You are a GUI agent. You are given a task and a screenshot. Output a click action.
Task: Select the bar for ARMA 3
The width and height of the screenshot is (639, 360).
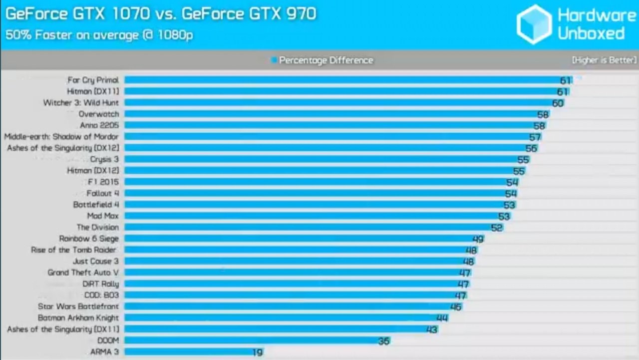pos(190,352)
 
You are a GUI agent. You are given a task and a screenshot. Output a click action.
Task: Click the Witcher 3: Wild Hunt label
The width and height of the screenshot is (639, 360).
pos(81,103)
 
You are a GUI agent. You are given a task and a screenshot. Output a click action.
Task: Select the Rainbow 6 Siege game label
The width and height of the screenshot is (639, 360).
pos(89,239)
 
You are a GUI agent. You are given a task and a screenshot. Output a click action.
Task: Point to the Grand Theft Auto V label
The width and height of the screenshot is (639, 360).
pos(83,273)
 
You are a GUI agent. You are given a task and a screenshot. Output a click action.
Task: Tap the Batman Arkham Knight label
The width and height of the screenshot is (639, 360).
pos(78,318)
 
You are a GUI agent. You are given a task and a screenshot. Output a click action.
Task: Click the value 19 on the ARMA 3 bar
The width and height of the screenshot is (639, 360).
pos(258,353)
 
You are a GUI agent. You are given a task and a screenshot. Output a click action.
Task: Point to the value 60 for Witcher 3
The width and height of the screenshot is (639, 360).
pos(558,103)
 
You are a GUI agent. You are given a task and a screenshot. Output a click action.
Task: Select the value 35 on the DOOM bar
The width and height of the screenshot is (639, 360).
pos(383,341)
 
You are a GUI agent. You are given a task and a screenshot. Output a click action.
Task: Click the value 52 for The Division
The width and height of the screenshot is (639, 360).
pos(497,228)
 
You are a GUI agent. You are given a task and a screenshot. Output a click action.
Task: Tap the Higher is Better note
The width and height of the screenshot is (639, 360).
pos(604,60)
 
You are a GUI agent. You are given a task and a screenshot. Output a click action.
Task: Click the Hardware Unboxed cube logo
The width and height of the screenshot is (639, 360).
pos(534,24)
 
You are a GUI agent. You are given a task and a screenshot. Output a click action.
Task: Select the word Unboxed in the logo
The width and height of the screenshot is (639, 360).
pos(591,33)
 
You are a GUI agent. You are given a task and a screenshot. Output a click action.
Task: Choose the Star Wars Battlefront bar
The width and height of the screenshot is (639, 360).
pos(290,307)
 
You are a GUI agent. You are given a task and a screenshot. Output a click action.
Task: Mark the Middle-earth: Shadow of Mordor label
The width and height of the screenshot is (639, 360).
pos(61,137)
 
